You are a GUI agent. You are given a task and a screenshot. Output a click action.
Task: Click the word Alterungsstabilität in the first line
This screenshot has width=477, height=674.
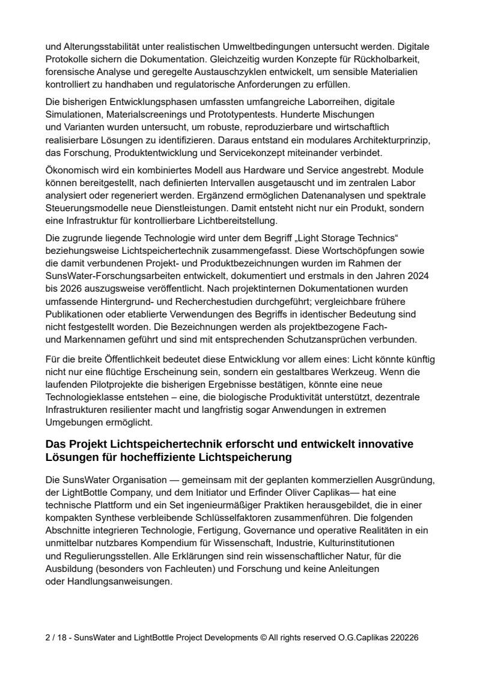tap(102, 46)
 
